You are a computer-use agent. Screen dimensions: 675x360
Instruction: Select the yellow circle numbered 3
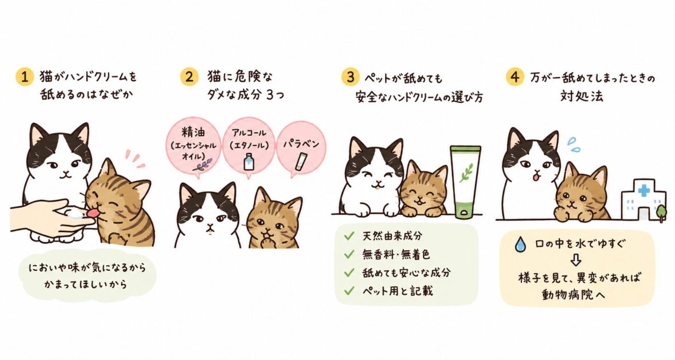pyautogui.click(x=350, y=77)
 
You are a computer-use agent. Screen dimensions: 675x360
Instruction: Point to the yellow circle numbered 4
pyautogui.click(x=515, y=77)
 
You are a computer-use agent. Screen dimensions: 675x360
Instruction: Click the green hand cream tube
pyautogui.click(x=465, y=181)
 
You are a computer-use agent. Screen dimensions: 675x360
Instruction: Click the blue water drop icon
pyautogui.click(x=521, y=245)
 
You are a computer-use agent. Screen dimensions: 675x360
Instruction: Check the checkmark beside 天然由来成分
pyautogui.click(x=349, y=236)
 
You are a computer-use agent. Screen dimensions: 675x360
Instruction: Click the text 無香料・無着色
pyautogui.click(x=396, y=254)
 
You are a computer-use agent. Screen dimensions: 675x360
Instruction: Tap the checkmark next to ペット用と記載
pyautogui.click(x=349, y=291)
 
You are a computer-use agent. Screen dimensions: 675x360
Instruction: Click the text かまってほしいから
pyautogui.click(x=86, y=284)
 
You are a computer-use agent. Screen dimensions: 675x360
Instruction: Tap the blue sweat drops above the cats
pyautogui.click(x=573, y=144)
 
